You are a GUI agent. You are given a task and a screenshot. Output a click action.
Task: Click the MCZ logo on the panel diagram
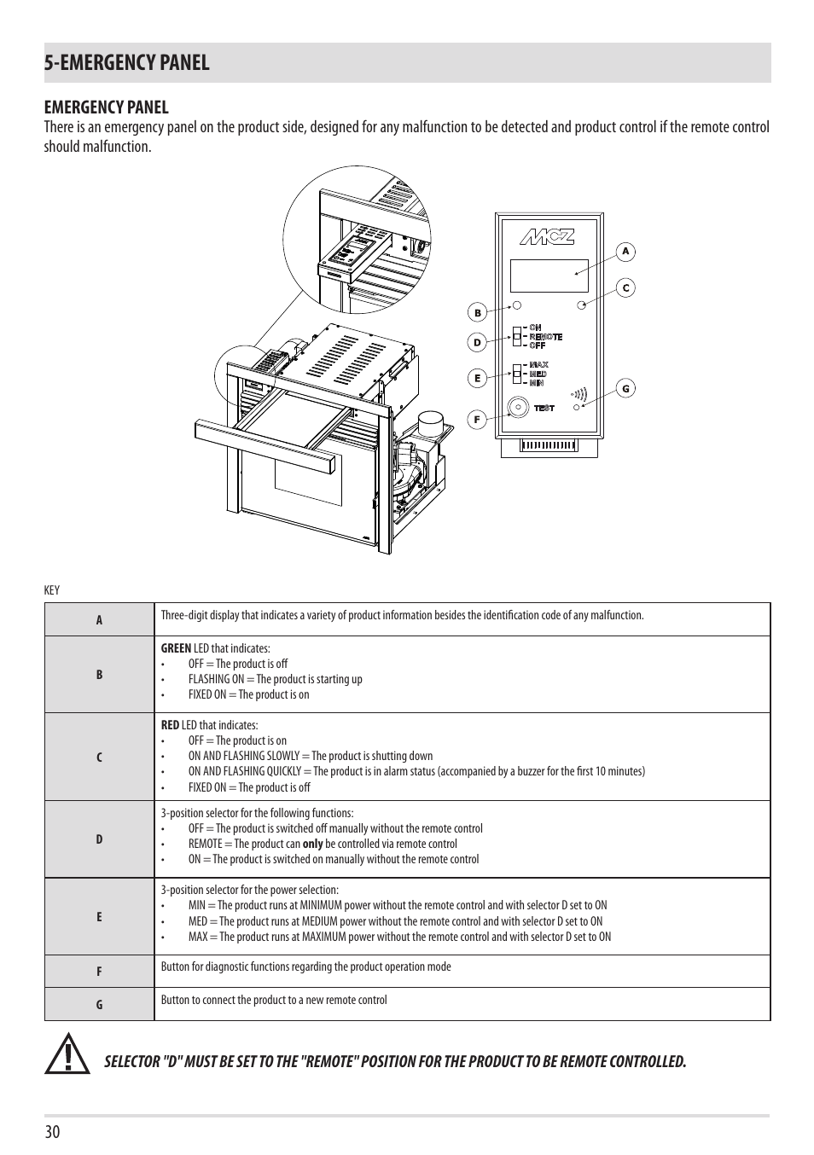tap(549, 237)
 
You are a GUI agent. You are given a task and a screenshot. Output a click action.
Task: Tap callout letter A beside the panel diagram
tap(625, 252)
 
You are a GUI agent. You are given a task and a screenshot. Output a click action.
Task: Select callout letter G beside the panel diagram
tap(625, 389)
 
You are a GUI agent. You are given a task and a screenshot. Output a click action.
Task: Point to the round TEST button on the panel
tap(517, 408)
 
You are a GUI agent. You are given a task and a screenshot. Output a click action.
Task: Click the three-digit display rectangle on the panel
tap(549, 276)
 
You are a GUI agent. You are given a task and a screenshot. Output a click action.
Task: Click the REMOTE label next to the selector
tap(545, 337)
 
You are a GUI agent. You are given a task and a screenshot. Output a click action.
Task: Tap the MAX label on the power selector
tap(538, 365)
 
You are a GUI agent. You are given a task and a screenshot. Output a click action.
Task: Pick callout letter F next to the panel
tap(478, 419)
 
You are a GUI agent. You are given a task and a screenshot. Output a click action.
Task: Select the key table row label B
tap(99, 674)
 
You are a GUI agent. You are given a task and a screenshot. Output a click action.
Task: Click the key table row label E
tap(99, 917)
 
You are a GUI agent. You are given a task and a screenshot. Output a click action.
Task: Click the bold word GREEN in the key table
tap(176, 648)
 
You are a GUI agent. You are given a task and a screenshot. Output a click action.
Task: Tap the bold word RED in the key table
tap(170, 725)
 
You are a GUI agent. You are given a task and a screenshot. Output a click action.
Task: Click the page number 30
tap(53, 1132)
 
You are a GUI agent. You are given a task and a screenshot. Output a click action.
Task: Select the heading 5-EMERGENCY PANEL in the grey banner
tap(127, 62)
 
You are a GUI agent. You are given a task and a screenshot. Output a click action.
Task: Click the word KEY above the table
tap(52, 590)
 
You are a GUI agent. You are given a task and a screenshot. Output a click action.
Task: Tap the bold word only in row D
tap(312, 844)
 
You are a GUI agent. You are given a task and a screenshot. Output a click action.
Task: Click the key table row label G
tap(99, 1005)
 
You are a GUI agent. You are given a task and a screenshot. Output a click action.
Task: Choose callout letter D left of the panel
tap(478, 343)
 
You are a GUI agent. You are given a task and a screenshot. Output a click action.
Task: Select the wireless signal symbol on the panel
tap(580, 394)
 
